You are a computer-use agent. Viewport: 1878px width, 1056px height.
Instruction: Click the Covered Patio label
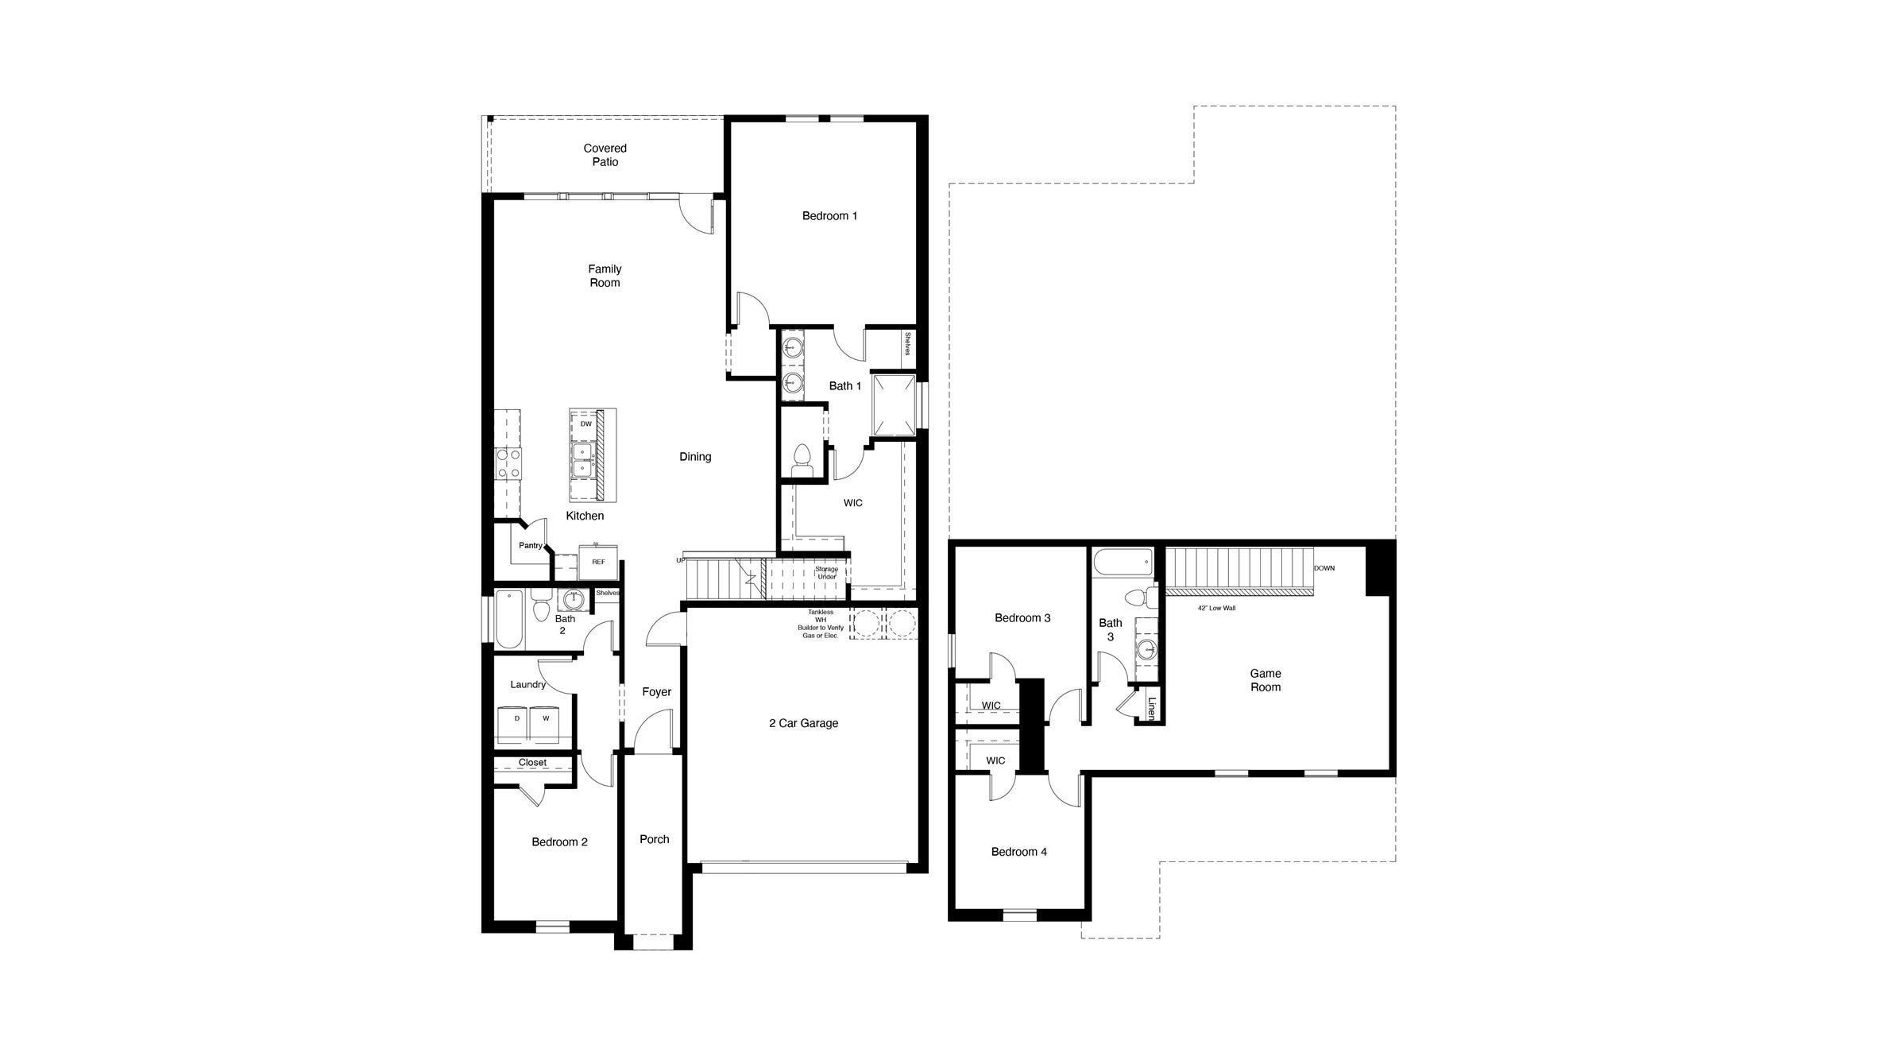(605, 155)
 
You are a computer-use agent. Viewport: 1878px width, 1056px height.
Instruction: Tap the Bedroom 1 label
(829, 216)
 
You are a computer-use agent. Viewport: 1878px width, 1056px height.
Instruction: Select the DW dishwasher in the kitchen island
(585, 424)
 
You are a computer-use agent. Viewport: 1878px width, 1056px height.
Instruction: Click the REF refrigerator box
(598, 562)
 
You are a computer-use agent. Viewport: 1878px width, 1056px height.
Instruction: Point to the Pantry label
(530, 546)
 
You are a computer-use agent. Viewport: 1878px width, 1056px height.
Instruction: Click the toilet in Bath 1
(802, 462)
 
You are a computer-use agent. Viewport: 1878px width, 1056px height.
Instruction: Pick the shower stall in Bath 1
(894, 405)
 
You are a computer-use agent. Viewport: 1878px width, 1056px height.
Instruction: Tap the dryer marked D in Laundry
(516, 719)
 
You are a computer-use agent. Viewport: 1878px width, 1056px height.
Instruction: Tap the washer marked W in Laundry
(546, 719)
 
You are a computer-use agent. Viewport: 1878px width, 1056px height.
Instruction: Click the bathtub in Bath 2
(509, 619)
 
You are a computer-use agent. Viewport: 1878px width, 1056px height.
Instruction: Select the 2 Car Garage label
(803, 723)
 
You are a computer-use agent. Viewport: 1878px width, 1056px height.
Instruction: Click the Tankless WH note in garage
(821, 624)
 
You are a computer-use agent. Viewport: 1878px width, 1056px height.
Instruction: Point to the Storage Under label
(826, 573)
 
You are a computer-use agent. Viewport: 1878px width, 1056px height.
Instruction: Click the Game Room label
(1265, 680)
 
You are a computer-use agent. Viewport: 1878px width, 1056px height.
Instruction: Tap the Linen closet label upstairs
(1151, 709)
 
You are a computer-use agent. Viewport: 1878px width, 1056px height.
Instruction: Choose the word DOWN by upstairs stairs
(1323, 568)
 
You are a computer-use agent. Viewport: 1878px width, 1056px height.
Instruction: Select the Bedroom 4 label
(1018, 852)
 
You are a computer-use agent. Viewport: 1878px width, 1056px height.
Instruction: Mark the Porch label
(654, 839)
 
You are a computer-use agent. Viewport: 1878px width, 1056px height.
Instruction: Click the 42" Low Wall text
(1216, 608)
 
